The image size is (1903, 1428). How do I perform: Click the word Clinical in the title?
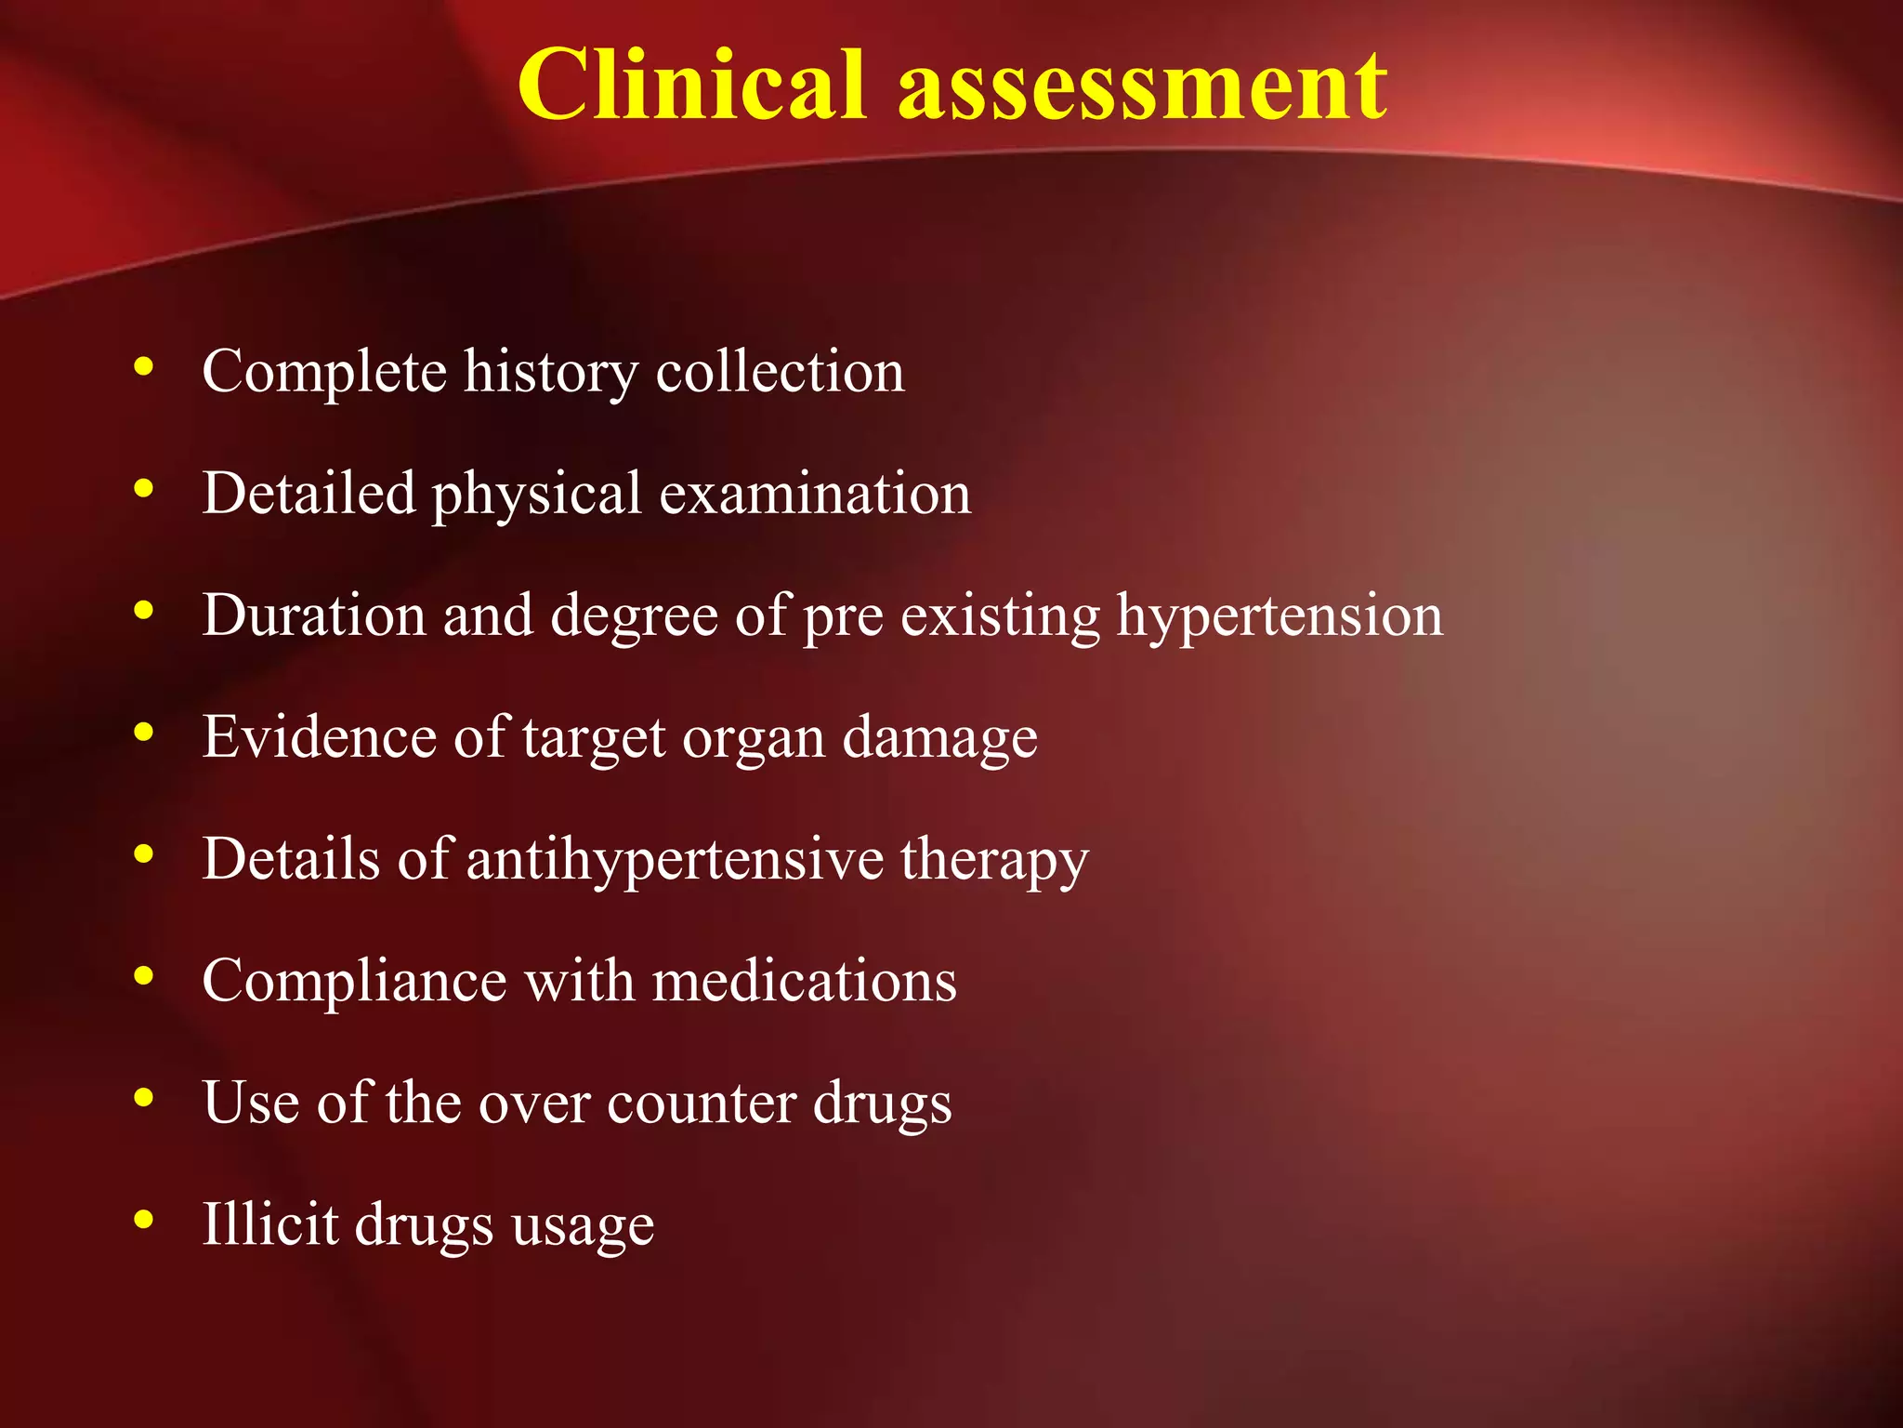click(692, 86)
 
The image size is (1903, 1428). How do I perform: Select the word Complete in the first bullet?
click(324, 373)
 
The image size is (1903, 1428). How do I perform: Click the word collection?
click(781, 371)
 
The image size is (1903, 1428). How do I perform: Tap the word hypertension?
click(1280, 617)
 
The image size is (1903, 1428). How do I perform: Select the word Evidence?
click(319, 737)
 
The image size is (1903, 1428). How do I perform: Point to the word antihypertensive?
click(675, 859)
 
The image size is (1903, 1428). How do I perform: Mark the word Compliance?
click(354, 982)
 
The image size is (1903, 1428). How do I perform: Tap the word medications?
click(804, 981)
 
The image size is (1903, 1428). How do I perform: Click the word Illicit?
click(270, 1224)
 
